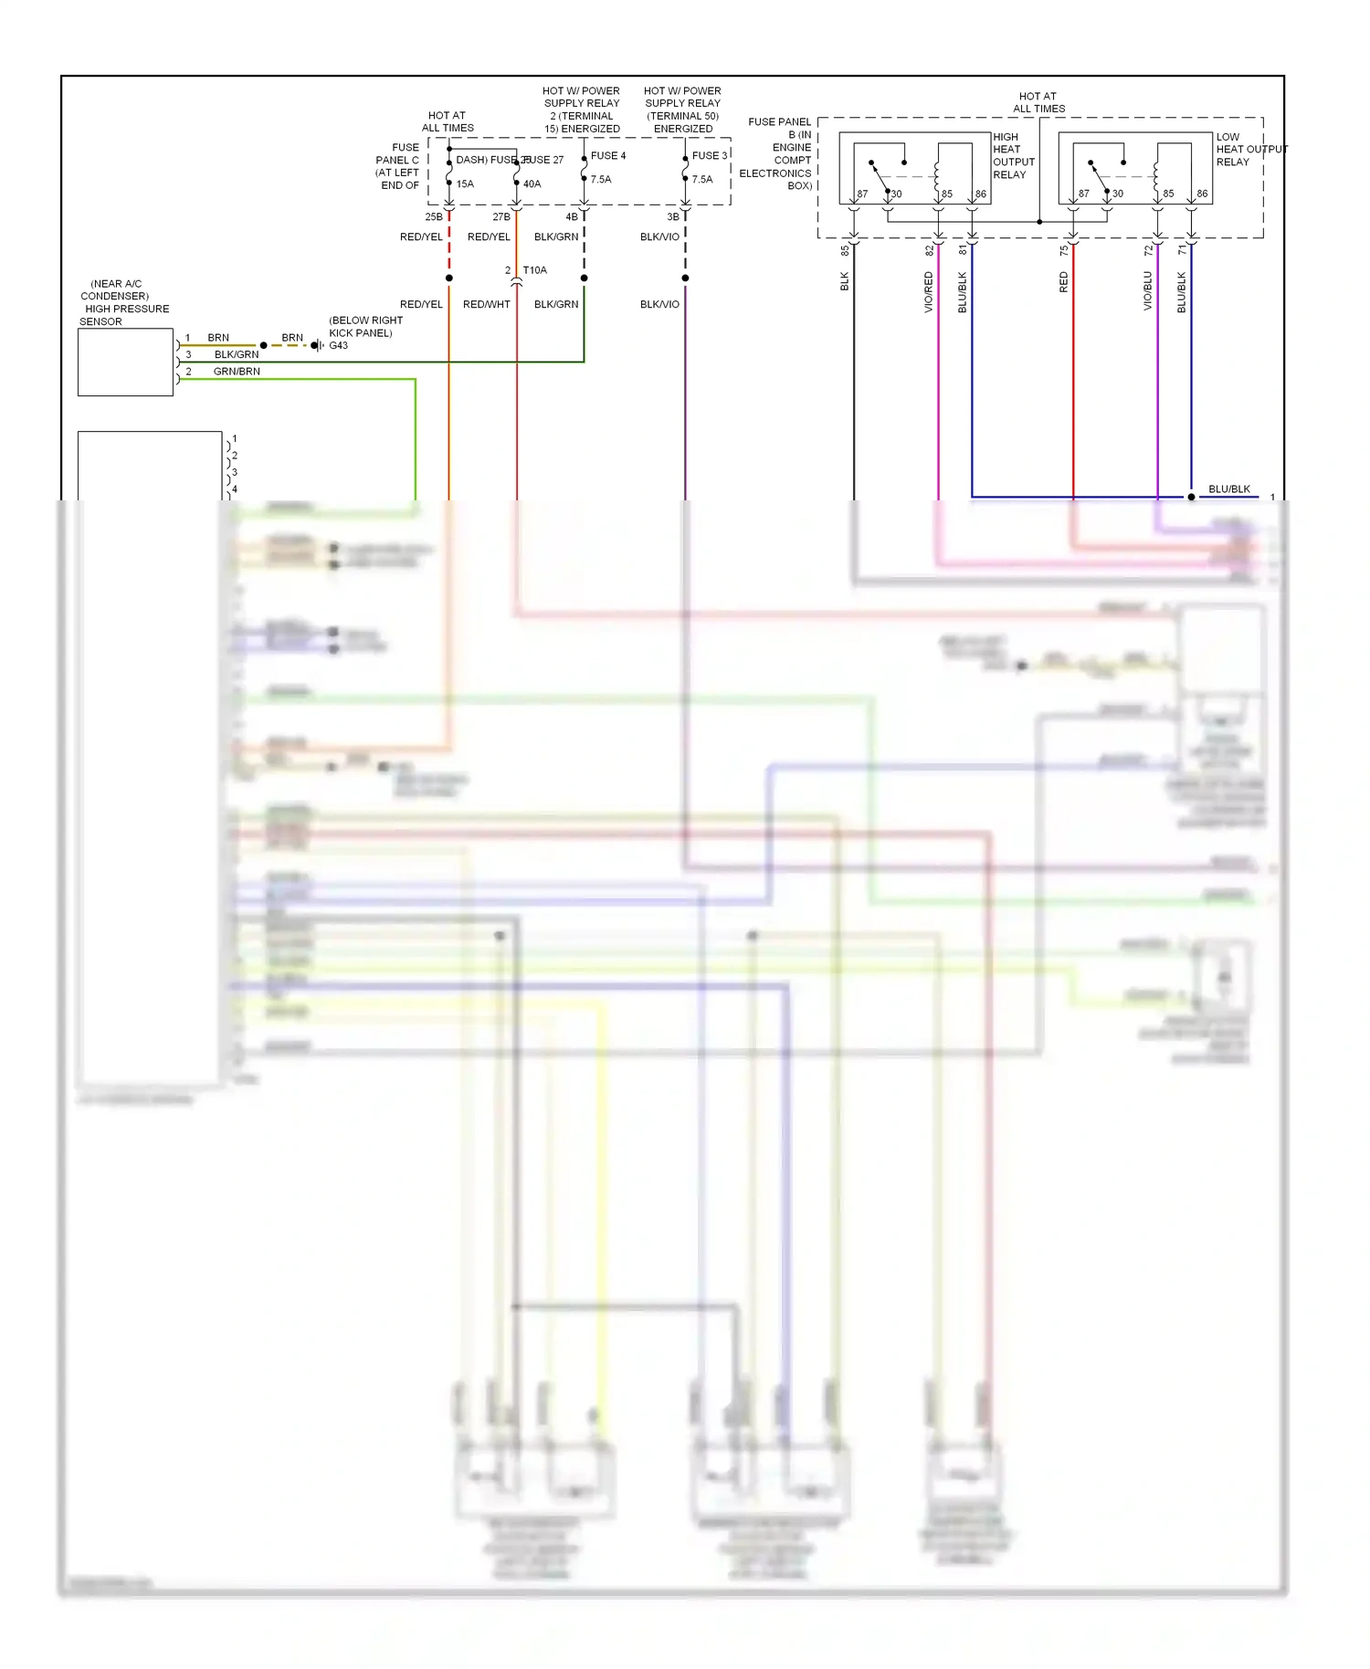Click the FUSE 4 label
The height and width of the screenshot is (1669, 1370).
coord(607,155)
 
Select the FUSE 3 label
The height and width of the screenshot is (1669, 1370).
coord(709,155)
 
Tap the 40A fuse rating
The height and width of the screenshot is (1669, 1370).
coord(532,184)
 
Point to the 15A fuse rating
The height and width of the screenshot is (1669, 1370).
coord(465,184)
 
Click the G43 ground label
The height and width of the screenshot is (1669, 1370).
coord(338,345)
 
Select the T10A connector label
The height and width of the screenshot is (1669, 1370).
coord(534,270)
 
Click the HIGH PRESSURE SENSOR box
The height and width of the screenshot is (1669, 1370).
coord(125,362)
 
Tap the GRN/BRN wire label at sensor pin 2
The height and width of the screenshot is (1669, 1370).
coord(237,372)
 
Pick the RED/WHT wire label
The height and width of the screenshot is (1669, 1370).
coord(486,304)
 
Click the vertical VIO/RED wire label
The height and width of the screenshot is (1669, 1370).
coord(929,292)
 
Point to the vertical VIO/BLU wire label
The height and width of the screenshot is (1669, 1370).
coord(1148,290)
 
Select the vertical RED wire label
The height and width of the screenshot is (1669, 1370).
coord(1064,282)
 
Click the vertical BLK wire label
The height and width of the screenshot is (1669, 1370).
coord(845,281)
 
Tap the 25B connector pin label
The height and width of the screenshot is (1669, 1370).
coord(433,217)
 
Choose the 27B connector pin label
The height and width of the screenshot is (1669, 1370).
coord(501,217)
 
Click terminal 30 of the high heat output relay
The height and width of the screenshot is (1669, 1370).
coord(896,194)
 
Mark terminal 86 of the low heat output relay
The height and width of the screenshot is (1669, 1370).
coord(1202,194)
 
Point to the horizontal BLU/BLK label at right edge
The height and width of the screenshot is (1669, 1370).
coord(1228,489)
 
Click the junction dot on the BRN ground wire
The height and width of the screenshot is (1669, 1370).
coord(263,345)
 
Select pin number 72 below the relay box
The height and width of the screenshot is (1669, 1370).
coord(1148,250)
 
